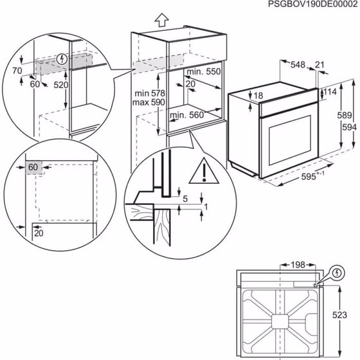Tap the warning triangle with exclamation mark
pos(203,172)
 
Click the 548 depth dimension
pos(298,64)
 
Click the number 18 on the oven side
pos(258,96)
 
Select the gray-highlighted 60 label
pos(33,167)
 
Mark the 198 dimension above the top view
pos(297,265)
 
